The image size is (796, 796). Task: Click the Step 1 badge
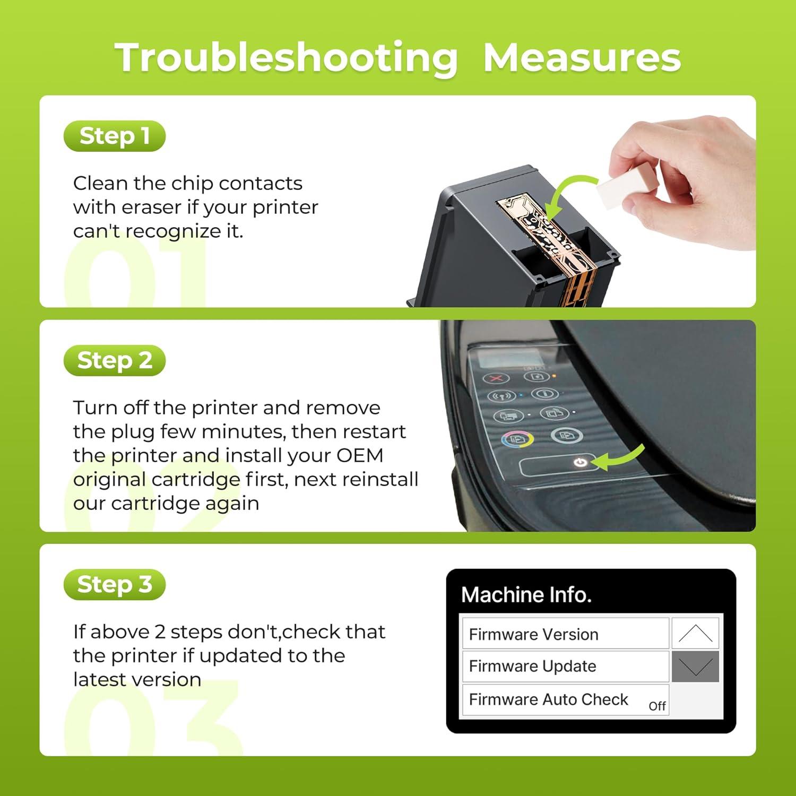click(x=115, y=136)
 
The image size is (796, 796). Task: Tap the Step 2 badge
click(x=115, y=360)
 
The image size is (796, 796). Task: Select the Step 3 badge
click(x=115, y=584)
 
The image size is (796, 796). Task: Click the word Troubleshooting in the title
click(x=287, y=58)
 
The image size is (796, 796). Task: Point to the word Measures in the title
click(x=582, y=57)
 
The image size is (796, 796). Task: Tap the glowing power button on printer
click(x=580, y=463)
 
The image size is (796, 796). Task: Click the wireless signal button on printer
click(x=501, y=396)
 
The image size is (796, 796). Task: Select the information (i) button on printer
click(x=544, y=393)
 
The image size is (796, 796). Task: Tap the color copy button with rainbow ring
click(x=517, y=439)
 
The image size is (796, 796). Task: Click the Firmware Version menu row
click(x=565, y=634)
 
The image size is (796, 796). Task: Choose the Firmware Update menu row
click(x=565, y=666)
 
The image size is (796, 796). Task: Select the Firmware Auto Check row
click(x=565, y=699)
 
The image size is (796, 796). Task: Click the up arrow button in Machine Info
click(x=695, y=633)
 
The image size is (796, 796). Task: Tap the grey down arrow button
click(x=695, y=667)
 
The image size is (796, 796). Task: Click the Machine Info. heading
click(x=526, y=595)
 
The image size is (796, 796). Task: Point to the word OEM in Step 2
click(x=360, y=455)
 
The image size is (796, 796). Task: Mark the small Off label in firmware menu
click(x=657, y=706)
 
